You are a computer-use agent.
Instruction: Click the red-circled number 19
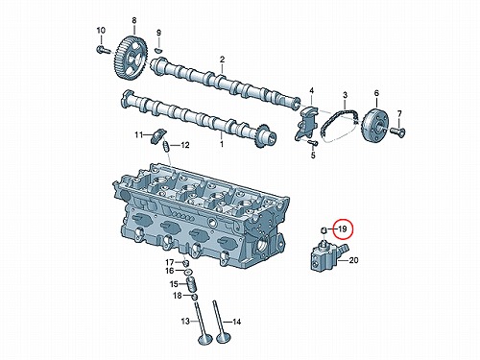(343, 229)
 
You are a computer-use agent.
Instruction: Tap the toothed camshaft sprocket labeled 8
(132, 58)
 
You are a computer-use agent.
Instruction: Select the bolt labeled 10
(103, 50)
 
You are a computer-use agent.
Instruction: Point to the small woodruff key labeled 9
(158, 50)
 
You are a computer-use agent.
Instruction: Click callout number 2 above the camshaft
(222, 60)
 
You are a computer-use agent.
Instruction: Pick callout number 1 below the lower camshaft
(222, 144)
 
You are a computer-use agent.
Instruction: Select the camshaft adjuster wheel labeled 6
(375, 127)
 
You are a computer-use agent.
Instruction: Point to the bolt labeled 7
(397, 131)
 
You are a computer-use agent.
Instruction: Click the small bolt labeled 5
(312, 142)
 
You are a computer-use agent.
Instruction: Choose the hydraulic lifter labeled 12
(166, 146)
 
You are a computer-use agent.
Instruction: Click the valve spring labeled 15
(191, 284)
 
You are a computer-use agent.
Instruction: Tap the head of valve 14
(223, 337)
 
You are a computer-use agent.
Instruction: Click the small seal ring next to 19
(324, 229)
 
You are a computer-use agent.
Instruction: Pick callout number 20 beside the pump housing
(353, 260)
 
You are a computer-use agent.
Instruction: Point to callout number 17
(169, 263)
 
